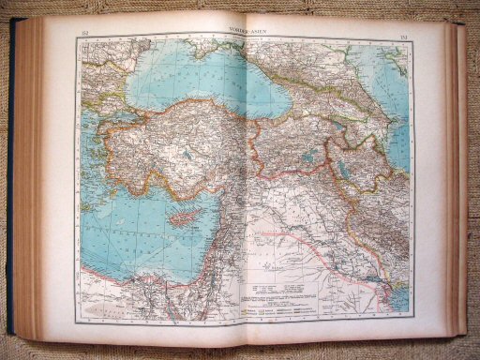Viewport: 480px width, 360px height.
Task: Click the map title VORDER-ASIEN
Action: click(241, 33)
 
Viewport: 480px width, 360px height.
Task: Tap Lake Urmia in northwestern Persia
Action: click(346, 169)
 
